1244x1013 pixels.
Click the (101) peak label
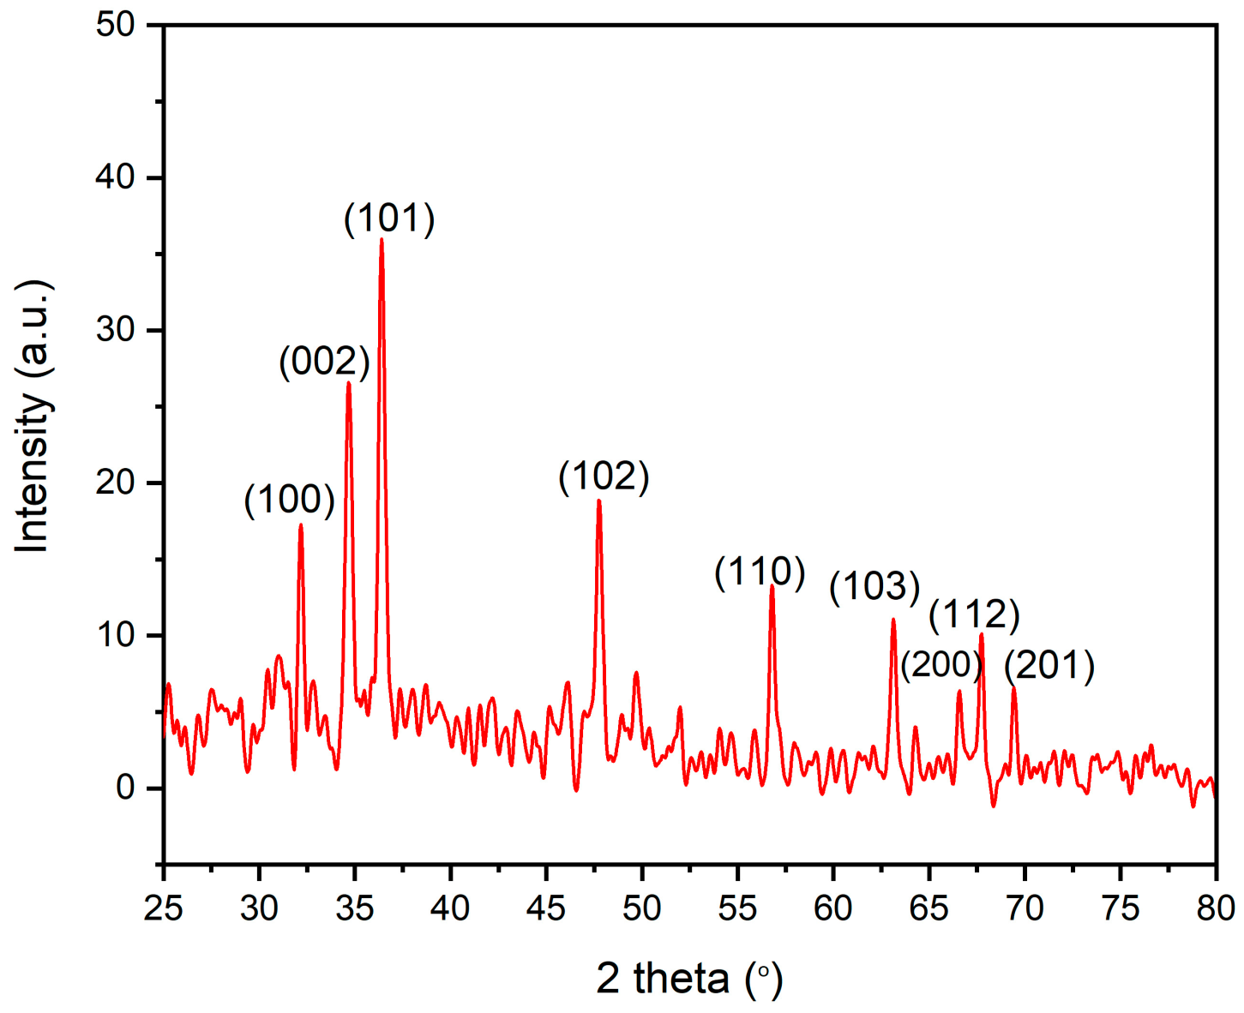(x=389, y=219)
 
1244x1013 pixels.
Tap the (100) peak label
(x=289, y=500)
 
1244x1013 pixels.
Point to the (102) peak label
(x=604, y=476)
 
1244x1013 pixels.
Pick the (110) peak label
(x=760, y=572)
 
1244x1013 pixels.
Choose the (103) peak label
(x=874, y=587)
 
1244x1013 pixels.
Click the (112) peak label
(x=974, y=614)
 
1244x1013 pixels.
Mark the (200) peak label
(x=941, y=664)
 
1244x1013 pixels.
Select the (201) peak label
(x=1049, y=666)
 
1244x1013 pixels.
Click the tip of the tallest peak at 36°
(x=382, y=239)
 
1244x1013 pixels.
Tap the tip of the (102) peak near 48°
(x=598, y=501)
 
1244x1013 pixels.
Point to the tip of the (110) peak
(x=772, y=586)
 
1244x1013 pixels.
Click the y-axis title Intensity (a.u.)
(x=33, y=417)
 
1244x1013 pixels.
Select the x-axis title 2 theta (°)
(x=689, y=978)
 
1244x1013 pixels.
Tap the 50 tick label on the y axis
(x=116, y=25)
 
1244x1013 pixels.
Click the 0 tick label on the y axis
(x=126, y=788)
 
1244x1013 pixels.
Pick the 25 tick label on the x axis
(x=163, y=908)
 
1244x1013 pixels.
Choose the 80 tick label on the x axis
(x=1215, y=908)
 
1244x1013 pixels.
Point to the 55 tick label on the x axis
(x=736, y=908)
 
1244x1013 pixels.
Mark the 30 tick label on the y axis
(x=116, y=330)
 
